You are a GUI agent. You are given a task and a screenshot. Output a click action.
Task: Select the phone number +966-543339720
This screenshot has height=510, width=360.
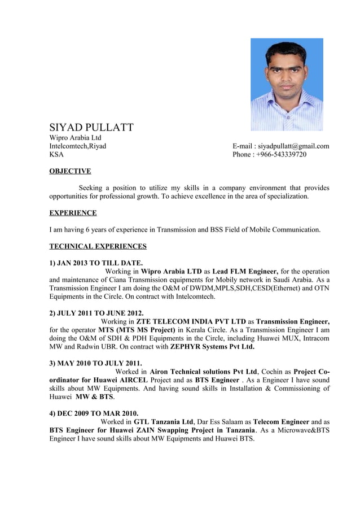(270, 155)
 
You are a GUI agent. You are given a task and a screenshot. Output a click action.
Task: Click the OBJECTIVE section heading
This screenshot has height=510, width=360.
(70, 171)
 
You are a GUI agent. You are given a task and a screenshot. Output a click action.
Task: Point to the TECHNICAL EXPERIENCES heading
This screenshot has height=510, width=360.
(98, 246)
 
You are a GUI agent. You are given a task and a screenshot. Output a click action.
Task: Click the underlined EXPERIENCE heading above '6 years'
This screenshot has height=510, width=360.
(73, 213)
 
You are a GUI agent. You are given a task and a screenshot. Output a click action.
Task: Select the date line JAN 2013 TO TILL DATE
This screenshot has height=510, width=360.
(96, 263)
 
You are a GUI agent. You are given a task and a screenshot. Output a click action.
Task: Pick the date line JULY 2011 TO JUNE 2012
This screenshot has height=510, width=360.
(96, 313)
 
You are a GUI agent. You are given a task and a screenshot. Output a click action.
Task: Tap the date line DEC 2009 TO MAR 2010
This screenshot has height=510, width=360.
(94, 413)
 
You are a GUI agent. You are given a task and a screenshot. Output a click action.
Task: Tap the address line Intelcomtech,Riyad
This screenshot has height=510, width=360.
(77, 146)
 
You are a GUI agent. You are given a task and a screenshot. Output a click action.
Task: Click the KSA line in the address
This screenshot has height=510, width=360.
(57, 155)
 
